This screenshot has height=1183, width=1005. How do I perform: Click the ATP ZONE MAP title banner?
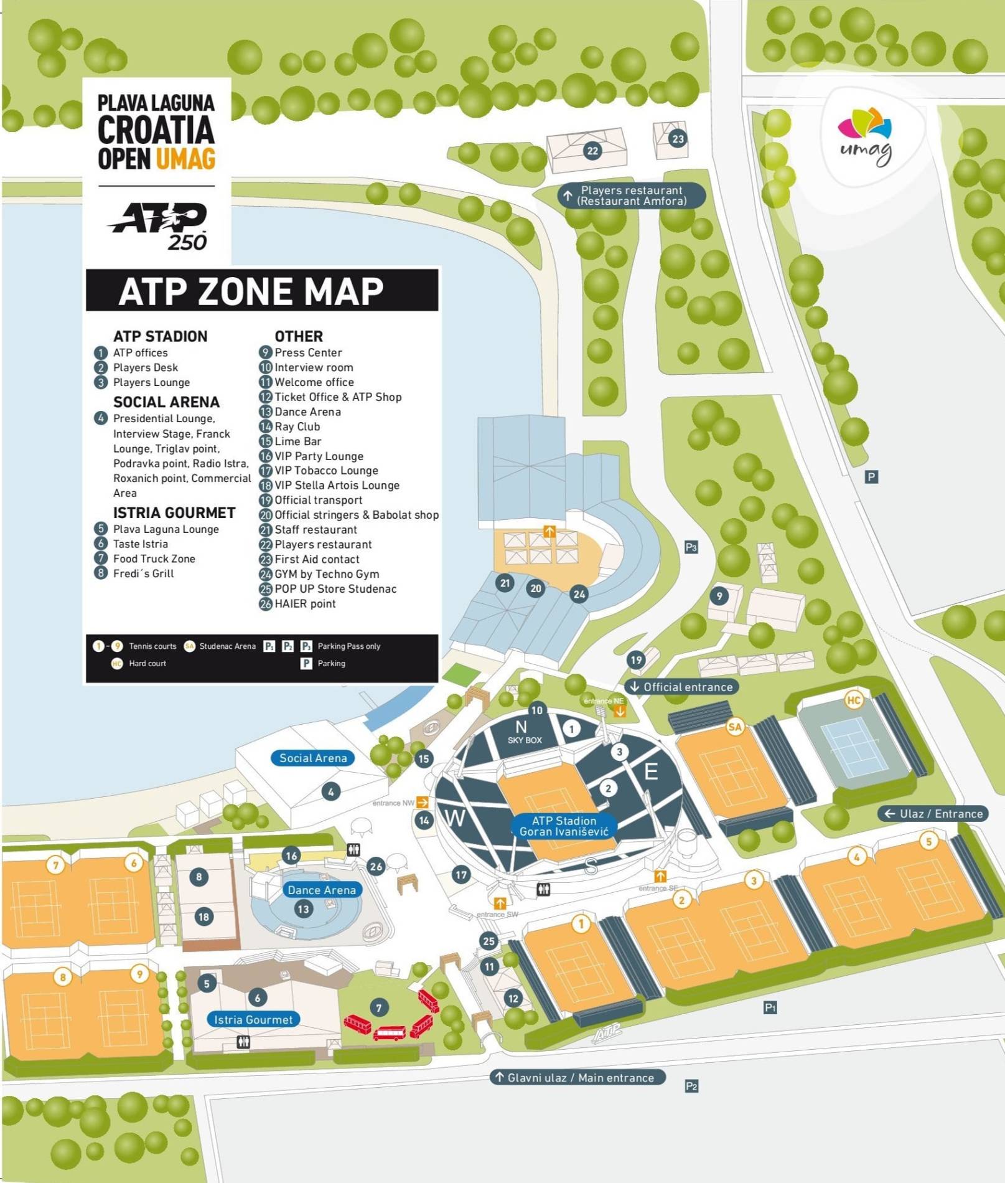click(x=262, y=291)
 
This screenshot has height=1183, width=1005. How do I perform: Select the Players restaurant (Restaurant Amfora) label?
click(x=632, y=196)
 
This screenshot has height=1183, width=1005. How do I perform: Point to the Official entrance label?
click(x=682, y=687)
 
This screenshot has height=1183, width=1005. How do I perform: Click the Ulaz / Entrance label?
click(x=933, y=814)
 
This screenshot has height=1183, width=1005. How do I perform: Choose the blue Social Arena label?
click(x=312, y=758)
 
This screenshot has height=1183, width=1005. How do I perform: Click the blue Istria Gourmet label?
click(x=253, y=1019)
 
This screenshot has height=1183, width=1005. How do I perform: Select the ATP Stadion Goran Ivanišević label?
click(x=564, y=826)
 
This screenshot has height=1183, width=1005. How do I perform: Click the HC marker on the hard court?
click(x=853, y=700)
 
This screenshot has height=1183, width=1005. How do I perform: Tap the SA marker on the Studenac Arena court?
click(x=735, y=727)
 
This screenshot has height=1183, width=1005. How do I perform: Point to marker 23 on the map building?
click(x=678, y=139)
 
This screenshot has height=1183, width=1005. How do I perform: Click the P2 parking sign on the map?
click(x=691, y=1086)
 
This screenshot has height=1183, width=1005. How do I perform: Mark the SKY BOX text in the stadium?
click(x=525, y=740)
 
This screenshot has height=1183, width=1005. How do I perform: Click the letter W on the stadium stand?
click(x=456, y=818)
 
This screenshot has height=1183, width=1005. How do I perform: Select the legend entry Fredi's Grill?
click(x=143, y=573)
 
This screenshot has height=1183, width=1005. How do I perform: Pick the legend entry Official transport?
click(x=318, y=500)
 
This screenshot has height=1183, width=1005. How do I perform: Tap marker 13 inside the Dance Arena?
click(x=303, y=909)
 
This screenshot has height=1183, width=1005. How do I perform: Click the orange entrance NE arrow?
click(x=620, y=710)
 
